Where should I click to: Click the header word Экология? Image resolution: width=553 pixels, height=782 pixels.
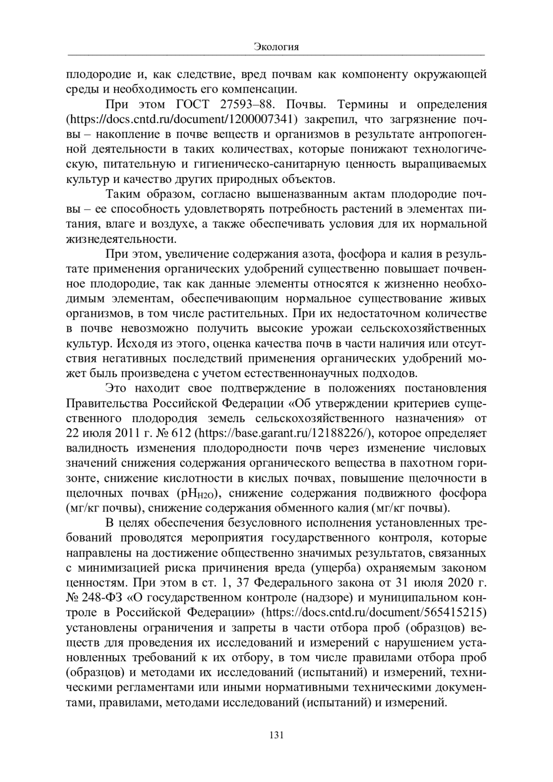click(276, 47)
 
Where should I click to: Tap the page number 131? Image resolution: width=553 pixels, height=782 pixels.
click(276, 735)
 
